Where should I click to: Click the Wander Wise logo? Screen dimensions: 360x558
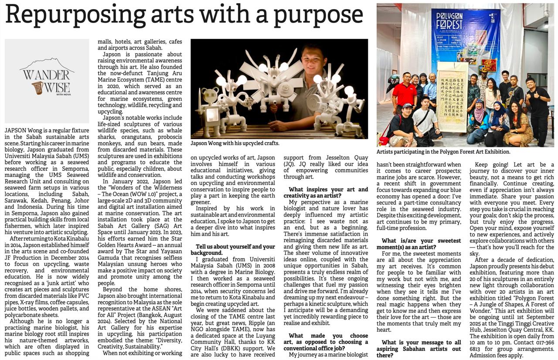[x=47, y=79]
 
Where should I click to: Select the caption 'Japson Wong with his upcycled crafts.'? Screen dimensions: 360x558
[x=235, y=143]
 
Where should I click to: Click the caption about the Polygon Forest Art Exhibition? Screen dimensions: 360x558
[x=443, y=152]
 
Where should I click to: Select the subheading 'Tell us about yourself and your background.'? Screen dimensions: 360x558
[x=235, y=250]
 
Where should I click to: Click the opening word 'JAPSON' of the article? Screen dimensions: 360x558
[x=17, y=131]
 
